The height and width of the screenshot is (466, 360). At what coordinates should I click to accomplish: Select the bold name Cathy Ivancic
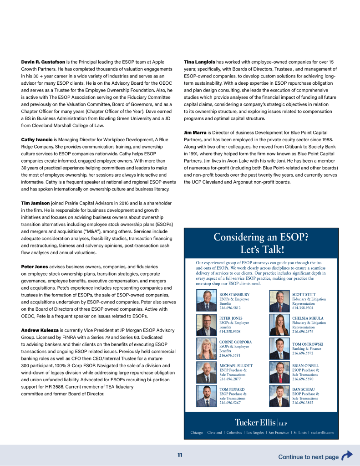coord(36,139)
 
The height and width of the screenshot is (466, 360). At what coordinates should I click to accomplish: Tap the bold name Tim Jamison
coord(35,203)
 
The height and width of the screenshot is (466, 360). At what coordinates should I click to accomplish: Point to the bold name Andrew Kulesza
coord(39,330)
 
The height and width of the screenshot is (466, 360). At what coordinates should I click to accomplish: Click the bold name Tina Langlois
coord(199,61)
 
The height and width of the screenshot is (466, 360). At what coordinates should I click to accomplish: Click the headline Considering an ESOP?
coord(261,237)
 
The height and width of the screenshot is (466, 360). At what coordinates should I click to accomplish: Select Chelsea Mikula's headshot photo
coord(279,324)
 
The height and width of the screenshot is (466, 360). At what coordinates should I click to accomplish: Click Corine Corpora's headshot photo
coord(207,348)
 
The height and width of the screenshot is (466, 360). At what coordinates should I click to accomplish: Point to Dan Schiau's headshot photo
coord(279,396)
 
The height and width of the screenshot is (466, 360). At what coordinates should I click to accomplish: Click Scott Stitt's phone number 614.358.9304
coord(303,308)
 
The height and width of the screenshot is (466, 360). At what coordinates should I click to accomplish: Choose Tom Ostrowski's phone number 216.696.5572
coord(303,353)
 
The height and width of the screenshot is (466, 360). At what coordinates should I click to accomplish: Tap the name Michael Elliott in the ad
coord(236,366)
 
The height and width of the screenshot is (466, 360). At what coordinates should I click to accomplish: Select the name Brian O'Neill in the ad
coord(305,366)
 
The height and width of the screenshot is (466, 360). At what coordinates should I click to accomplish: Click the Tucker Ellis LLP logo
coord(261,421)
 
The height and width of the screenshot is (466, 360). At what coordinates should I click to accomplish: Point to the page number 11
coord(180,455)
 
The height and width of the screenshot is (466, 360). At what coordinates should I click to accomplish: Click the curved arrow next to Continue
coord(347,456)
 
